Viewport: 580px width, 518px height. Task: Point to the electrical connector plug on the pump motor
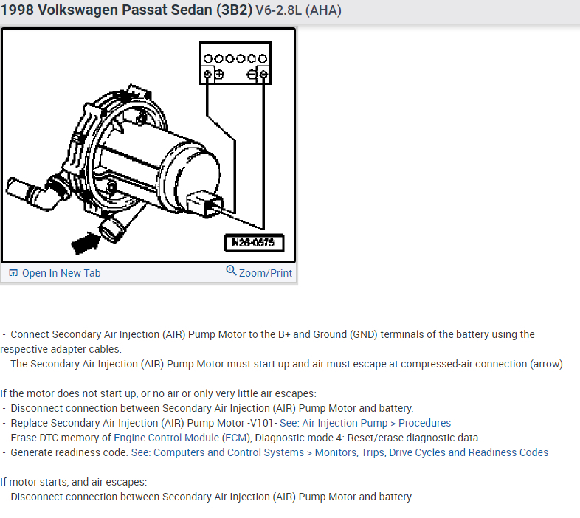207,204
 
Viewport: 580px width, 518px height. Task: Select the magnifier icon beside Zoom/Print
232,272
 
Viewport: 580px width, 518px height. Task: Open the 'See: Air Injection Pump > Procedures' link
365,423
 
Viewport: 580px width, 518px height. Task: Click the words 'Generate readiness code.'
69,452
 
